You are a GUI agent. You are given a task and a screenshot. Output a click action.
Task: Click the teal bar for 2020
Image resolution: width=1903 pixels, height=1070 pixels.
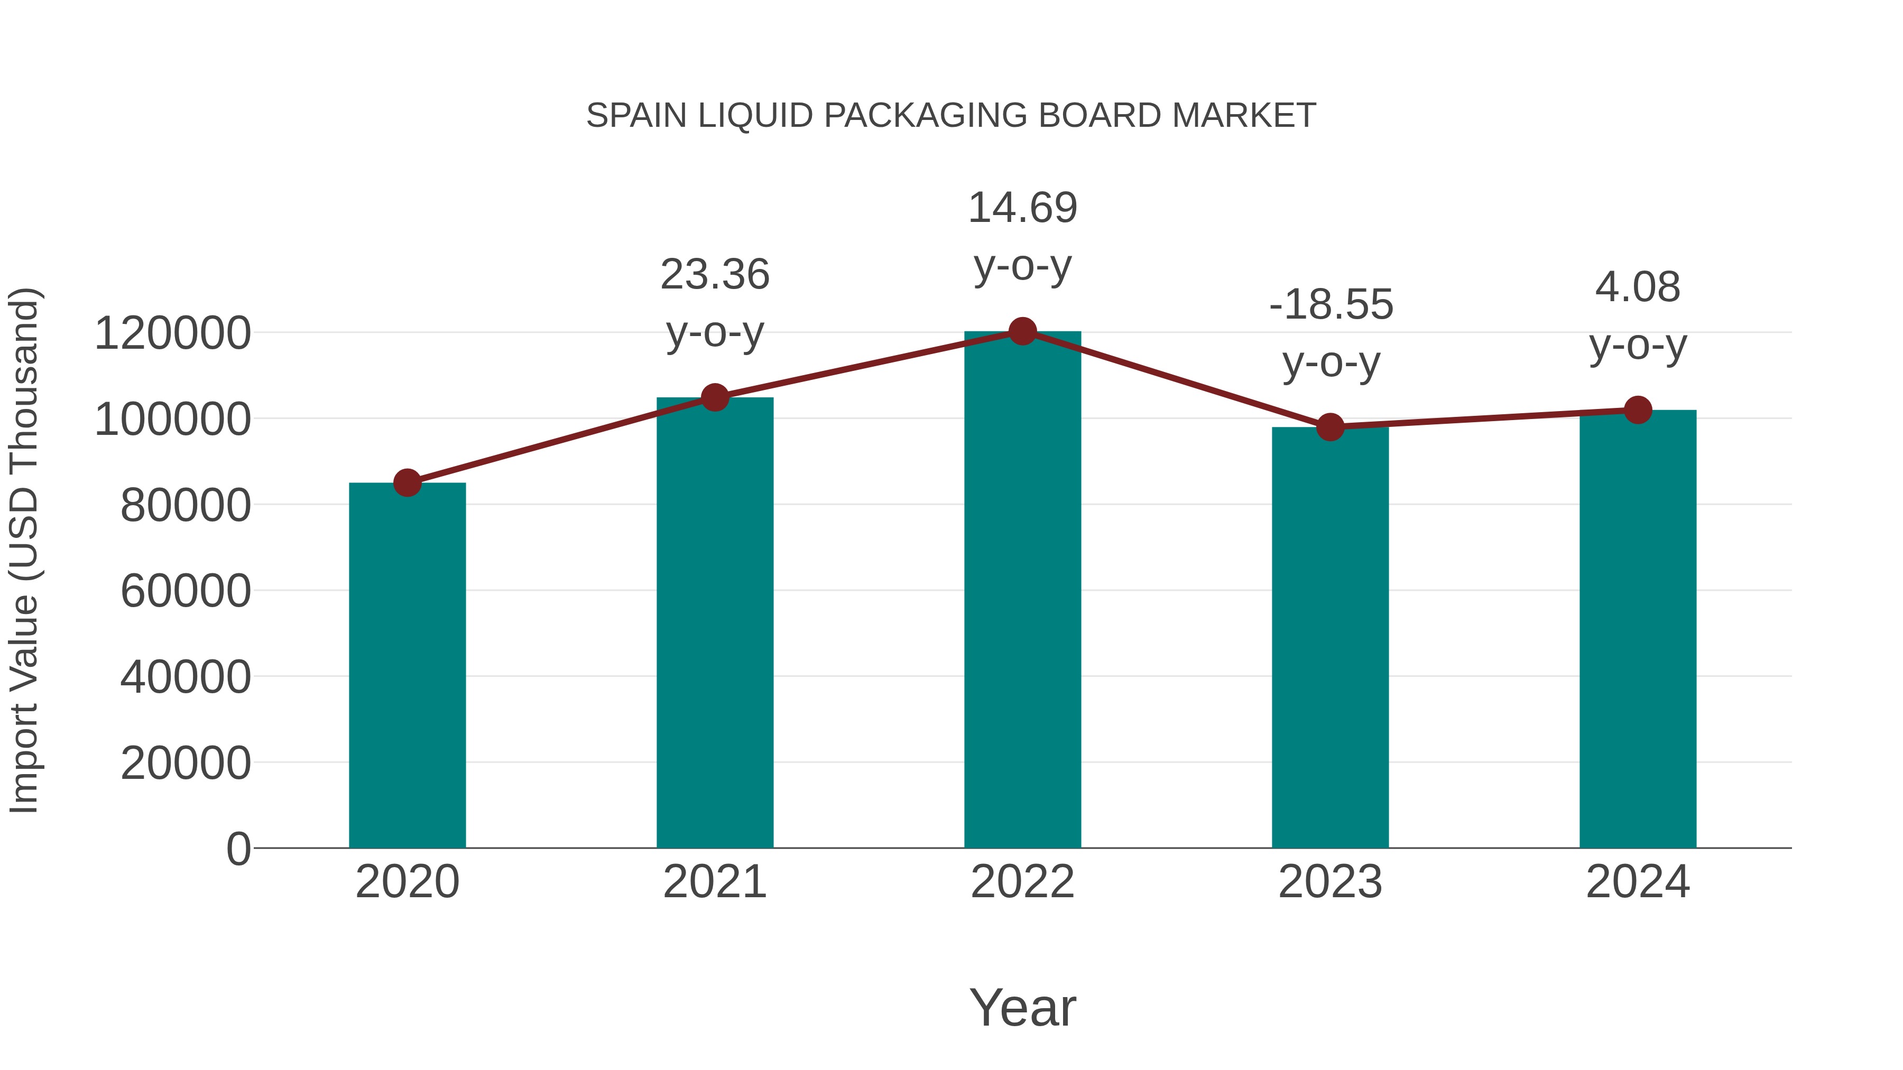click(x=407, y=665)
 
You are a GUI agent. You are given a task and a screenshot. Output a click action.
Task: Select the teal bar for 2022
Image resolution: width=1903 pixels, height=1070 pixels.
click(x=1022, y=591)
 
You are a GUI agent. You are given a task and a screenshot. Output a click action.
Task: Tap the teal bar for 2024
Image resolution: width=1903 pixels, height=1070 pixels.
click(x=1638, y=628)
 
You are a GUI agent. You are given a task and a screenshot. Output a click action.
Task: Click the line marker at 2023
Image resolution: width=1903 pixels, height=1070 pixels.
click(x=1331, y=427)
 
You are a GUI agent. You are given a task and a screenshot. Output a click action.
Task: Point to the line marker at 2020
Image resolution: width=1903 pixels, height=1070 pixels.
click(x=407, y=483)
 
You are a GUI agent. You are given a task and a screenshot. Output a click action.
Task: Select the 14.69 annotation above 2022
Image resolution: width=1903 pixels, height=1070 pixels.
click(x=1022, y=208)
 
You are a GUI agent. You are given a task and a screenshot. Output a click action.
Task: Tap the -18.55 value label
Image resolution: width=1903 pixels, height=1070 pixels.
click(x=1331, y=304)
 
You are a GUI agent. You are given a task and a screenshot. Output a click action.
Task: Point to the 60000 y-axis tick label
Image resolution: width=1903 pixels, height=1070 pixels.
click(x=186, y=591)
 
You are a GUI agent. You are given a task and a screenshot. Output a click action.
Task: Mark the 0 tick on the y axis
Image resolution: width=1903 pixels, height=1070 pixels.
click(x=238, y=849)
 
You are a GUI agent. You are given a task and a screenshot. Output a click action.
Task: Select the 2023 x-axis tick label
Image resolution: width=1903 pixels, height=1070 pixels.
click(x=1331, y=882)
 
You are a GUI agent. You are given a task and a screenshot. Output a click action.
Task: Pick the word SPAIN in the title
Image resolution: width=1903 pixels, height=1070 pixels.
click(x=637, y=116)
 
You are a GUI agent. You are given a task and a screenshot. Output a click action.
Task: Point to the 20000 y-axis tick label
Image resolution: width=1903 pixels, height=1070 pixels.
click(x=186, y=763)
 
